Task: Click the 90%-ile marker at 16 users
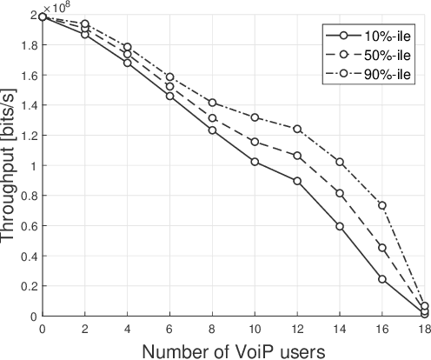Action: pos(381,205)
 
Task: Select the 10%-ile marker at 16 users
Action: pos(381,279)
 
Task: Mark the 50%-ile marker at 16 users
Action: pos(381,248)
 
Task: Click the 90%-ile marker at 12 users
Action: pos(297,129)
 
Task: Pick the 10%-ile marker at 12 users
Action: pos(297,181)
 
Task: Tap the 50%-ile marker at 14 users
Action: pos(340,193)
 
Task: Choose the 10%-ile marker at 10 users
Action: pos(255,162)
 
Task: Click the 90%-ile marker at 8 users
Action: pos(212,103)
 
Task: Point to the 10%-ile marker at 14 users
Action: pos(340,226)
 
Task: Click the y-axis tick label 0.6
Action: pos(28,226)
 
